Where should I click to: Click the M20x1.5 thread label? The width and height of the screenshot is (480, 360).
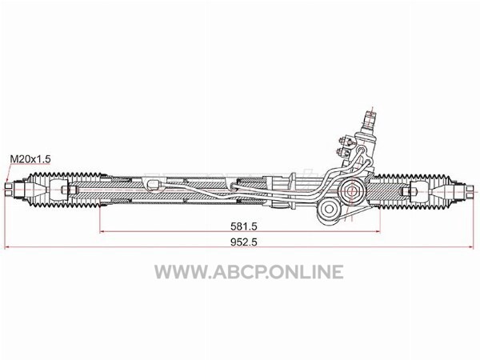(30, 159)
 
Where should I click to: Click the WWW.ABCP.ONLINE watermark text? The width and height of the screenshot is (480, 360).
(249, 272)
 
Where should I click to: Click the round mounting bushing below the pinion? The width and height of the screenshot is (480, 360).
(329, 210)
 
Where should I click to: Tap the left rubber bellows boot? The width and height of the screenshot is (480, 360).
(66, 190)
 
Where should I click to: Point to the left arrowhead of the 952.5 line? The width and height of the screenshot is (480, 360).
(7, 246)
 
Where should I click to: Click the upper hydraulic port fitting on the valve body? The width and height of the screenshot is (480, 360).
(344, 141)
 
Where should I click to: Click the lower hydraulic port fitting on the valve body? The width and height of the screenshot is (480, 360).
(344, 151)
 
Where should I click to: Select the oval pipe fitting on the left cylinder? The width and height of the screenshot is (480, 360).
(154, 185)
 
